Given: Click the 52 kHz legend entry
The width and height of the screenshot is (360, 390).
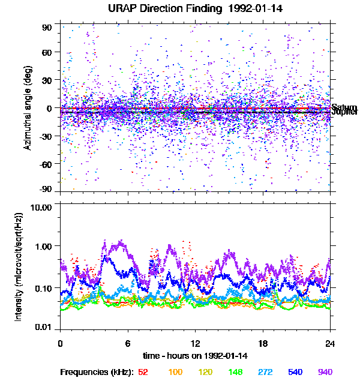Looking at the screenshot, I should (143, 372).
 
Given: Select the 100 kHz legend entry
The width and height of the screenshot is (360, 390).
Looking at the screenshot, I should (175, 372).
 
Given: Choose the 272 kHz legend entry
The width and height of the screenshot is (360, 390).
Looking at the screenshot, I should (265, 372).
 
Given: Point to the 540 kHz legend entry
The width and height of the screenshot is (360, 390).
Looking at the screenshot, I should (296, 372).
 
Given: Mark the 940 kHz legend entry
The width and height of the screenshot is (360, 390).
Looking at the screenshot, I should (325, 372).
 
